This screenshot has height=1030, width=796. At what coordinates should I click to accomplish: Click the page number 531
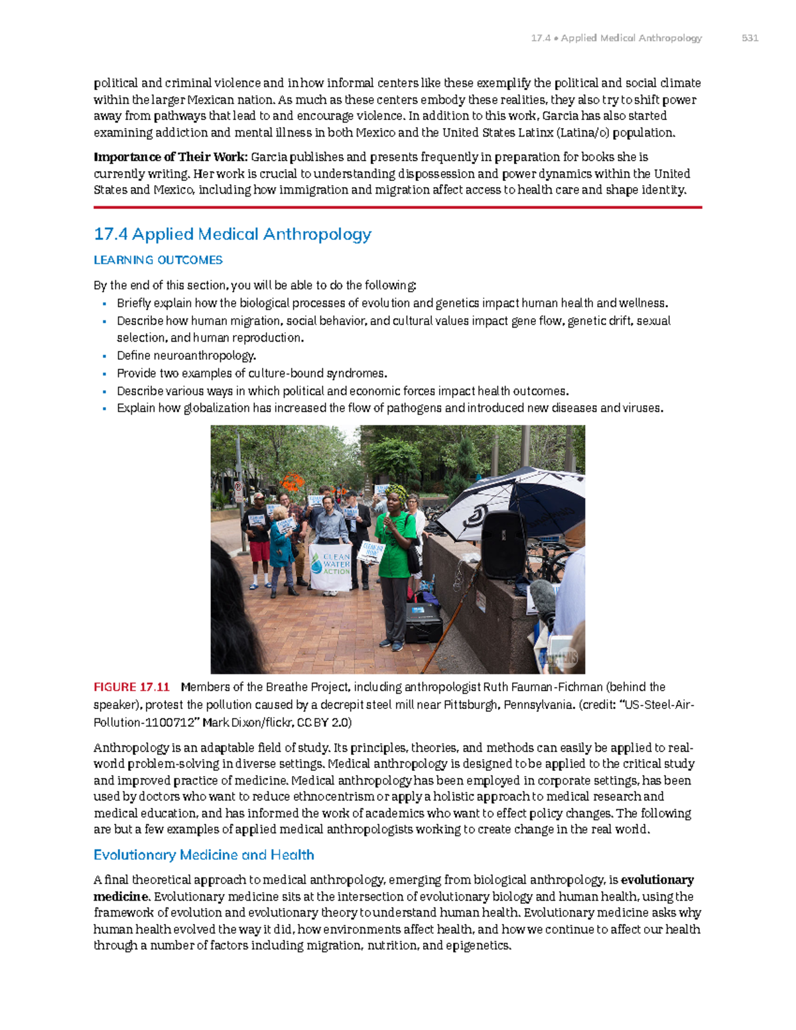750,38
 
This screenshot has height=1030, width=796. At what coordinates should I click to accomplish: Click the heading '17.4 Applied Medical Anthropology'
232,234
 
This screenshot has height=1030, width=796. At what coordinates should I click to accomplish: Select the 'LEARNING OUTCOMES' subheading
158,260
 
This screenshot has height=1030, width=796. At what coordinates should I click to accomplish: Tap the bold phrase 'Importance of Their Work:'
170,157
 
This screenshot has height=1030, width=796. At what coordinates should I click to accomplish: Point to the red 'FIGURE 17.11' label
131,687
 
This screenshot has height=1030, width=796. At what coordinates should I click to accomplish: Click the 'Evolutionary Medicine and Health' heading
204,855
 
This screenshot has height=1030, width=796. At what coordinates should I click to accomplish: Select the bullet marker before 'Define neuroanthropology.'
105,356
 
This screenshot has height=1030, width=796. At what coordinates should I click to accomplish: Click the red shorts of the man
259,550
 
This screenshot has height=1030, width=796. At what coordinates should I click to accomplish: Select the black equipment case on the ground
423,623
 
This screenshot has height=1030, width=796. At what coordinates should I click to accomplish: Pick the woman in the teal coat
280,544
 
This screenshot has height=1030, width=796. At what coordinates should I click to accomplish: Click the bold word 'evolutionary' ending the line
657,880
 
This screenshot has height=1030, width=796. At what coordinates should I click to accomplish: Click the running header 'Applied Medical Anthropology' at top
631,38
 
